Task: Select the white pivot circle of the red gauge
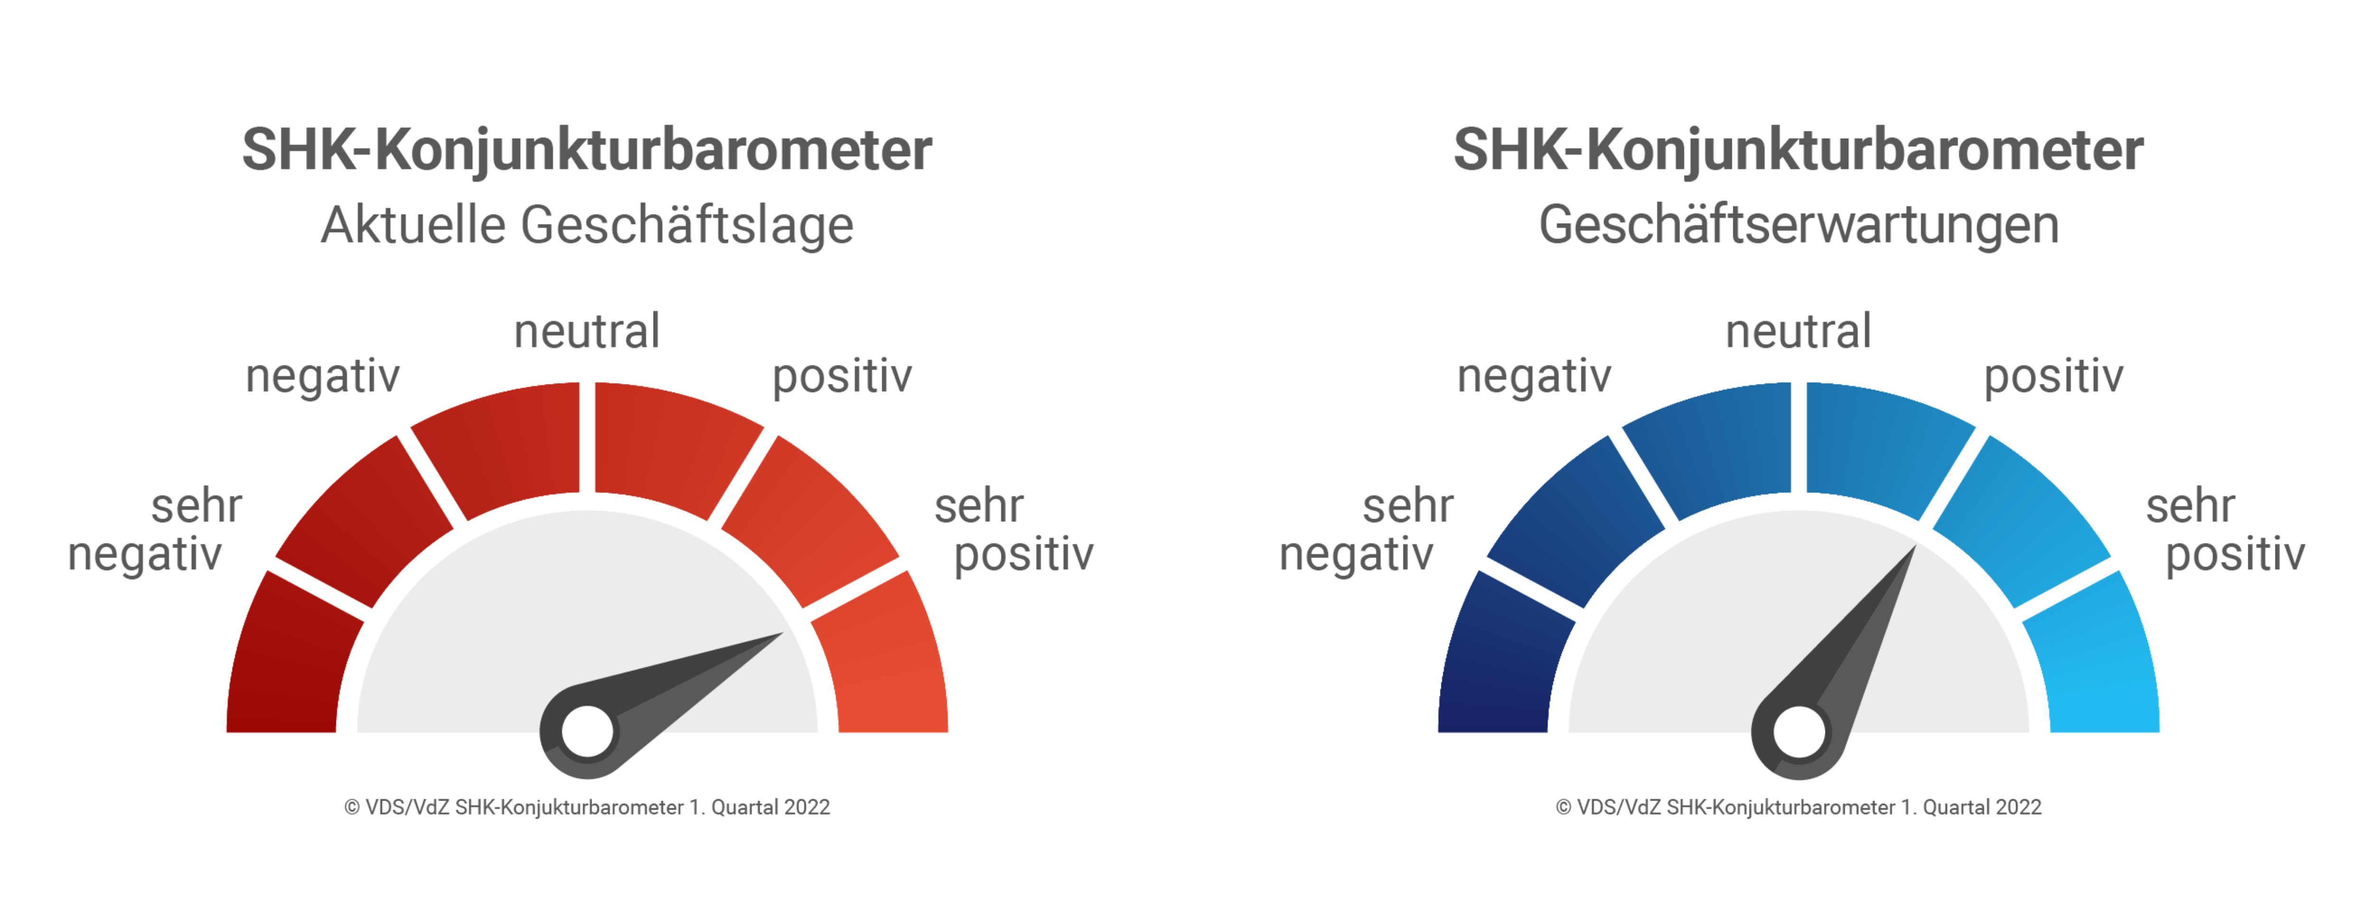(587, 732)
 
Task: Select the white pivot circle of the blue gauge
(1798, 732)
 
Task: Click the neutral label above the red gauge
(587, 331)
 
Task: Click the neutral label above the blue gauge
(1798, 331)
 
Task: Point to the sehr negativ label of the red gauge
(155, 531)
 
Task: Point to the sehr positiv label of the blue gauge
(2225, 531)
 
